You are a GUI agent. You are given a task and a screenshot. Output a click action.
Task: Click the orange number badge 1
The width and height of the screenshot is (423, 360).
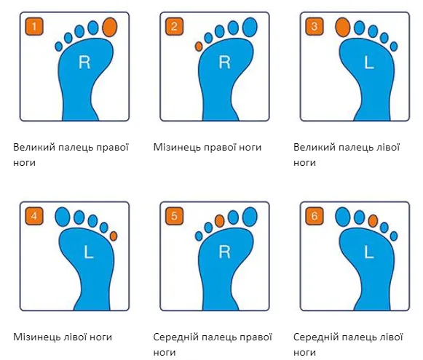(x=34, y=26)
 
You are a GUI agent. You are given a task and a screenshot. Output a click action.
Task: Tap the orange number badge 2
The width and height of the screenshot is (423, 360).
(x=174, y=26)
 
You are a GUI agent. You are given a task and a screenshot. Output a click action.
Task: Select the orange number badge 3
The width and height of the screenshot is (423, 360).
(x=315, y=26)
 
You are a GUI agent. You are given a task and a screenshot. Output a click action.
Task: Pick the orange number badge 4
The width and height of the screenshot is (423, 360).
(x=34, y=216)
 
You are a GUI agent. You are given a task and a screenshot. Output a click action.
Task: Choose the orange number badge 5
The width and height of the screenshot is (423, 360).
(x=174, y=216)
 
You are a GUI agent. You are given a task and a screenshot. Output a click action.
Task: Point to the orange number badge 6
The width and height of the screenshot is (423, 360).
(x=315, y=216)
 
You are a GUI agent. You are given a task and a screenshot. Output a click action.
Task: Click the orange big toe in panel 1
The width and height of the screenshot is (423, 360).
(x=110, y=27)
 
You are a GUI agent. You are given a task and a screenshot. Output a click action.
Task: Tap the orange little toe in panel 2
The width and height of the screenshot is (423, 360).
(x=199, y=47)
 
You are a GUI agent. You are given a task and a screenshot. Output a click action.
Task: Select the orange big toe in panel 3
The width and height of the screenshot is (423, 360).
(x=343, y=27)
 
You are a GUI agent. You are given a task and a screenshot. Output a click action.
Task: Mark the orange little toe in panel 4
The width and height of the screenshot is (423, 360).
(x=114, y=236)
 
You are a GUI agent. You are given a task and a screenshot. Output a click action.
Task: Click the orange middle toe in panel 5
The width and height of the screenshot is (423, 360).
(x=220, y=220)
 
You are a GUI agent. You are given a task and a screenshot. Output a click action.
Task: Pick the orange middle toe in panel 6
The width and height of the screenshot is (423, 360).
(x=373, y=220)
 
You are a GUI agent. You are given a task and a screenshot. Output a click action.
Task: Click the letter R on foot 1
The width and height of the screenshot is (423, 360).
(x=84, y=63)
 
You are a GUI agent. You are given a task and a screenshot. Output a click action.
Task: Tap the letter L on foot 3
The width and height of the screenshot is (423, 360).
(x=369, y=63)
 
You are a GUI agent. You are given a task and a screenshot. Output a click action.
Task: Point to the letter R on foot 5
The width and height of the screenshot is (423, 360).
(x=224, y=252)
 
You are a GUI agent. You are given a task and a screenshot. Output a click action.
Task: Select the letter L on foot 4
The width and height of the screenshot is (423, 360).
(x=89, y=252)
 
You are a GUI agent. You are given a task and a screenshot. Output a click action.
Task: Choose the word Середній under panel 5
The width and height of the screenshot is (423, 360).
(x=175, y=337)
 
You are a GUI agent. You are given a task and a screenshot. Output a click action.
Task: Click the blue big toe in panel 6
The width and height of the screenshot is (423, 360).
(x=343, y=217)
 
